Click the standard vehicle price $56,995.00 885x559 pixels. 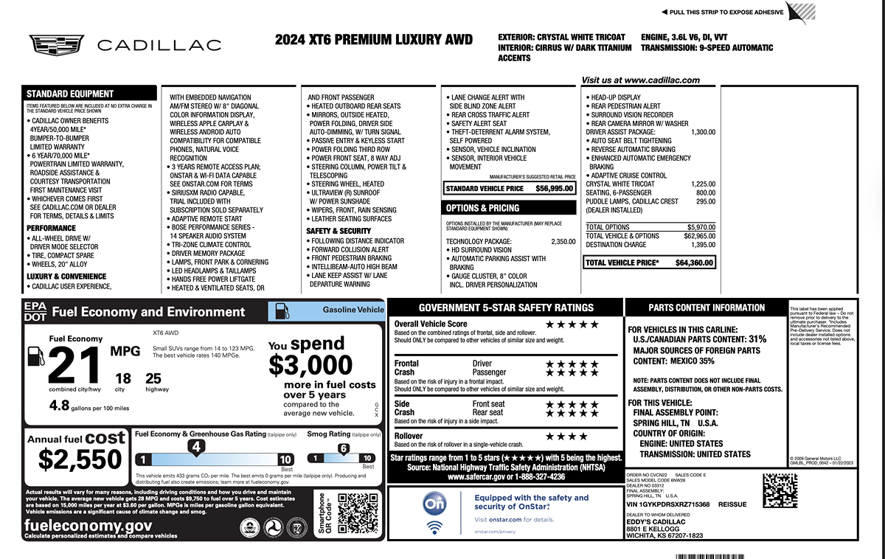pyautogui.click(x=554, y=189)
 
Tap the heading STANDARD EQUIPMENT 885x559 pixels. pyautogui.click(x=70, y=94)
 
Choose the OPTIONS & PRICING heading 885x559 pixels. pyautogui.click(x=482, y=209)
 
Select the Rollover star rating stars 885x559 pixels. pyautogui.click(x=566, y=437)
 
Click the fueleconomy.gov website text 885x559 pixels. pyautogui.click(x=88, y=526)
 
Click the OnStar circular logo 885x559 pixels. pyautogui.click(x=433, y=503)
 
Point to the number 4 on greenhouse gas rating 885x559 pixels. pyautogui.click(x=196, y=446)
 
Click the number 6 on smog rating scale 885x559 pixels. pyautogui.click(x=343, y=448)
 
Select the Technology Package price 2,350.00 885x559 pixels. pyautogui.click(x=563, y=241)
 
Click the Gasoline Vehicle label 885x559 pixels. pyautogui.click(x=353, y=310)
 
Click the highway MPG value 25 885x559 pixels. pyautogui.click(x=153, y=378)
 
